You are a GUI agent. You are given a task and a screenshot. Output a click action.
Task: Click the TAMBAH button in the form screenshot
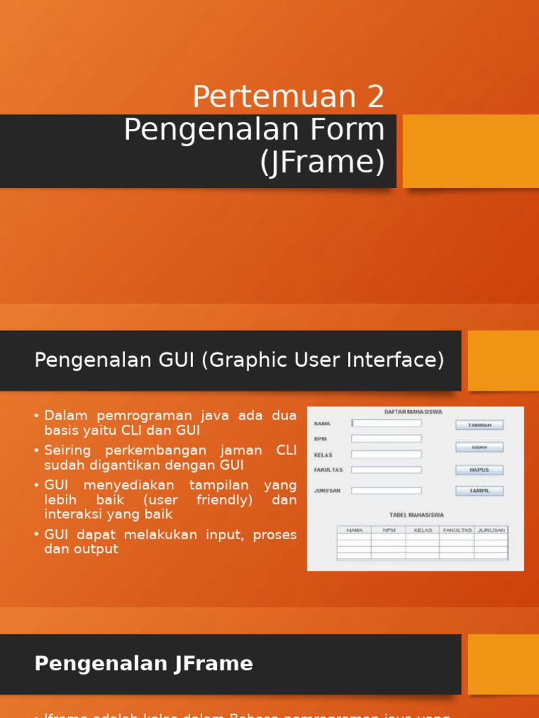(x=479, y=425)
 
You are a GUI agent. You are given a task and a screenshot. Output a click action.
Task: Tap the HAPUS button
(x=479, y=470)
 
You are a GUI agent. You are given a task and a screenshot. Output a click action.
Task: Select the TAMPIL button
(x=479, y=491)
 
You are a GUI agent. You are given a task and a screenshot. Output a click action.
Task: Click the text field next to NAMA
(x=387, y=424)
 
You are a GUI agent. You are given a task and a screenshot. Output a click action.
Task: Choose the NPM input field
(x=387, y=438)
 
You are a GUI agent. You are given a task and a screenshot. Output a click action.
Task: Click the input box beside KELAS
(x=387, y=454)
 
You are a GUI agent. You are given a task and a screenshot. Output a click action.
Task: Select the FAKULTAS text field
(x=387, y=470)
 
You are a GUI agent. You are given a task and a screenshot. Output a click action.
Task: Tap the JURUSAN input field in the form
(x=387, y=491)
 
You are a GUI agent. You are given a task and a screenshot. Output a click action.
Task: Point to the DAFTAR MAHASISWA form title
(x=413, y=412)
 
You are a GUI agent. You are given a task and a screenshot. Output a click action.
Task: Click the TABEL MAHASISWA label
(x=417, y=515)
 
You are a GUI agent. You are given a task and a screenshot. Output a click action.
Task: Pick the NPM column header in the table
(x=389, y=530)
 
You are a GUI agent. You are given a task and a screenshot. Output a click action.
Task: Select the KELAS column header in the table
(x=423, y=530)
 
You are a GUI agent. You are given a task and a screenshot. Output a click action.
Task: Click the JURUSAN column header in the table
(x=491, y=530)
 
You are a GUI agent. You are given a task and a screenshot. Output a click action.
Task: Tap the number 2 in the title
(x=376, y=97)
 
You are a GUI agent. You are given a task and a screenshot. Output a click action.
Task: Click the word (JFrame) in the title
(x=323, y=163)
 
